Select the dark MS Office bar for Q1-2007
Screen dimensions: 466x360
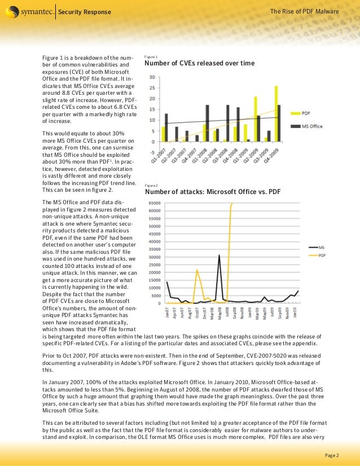166,127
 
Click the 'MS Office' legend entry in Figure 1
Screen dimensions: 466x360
312,127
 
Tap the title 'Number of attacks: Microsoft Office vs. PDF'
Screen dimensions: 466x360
213,191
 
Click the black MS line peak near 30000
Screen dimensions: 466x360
219,256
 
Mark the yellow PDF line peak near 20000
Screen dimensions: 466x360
196,270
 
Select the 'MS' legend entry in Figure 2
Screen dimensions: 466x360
321,247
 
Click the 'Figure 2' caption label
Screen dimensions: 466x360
151,185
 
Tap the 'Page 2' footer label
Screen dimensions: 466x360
332,455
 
